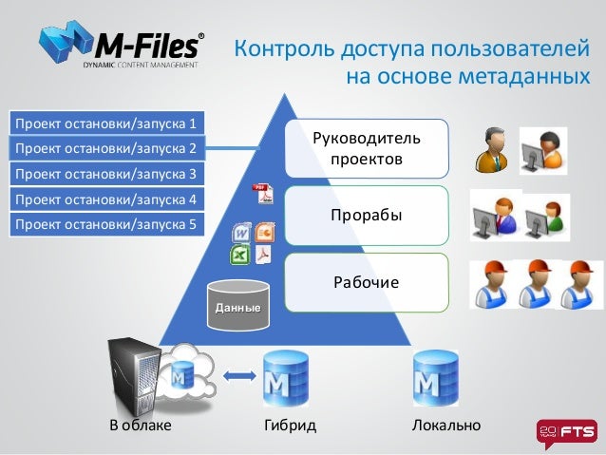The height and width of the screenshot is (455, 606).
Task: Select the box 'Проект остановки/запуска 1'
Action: [104, 123]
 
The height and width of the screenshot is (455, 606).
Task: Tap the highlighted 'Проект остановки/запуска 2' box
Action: [104, 148]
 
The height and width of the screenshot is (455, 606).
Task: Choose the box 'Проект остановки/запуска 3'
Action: [104, 174]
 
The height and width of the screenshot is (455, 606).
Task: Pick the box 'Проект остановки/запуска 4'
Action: [104, 199]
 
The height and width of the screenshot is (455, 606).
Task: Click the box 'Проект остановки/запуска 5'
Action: [104, 225]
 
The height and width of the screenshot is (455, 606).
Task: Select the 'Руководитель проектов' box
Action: [366, 148]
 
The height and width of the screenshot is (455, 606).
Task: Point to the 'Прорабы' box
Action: [366, 215]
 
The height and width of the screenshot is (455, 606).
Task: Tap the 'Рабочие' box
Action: [366, 282]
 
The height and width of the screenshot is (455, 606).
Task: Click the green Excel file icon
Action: [239, 255]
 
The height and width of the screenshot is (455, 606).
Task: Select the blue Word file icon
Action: [241, 232]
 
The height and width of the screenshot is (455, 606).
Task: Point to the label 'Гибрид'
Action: [289, 425]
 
